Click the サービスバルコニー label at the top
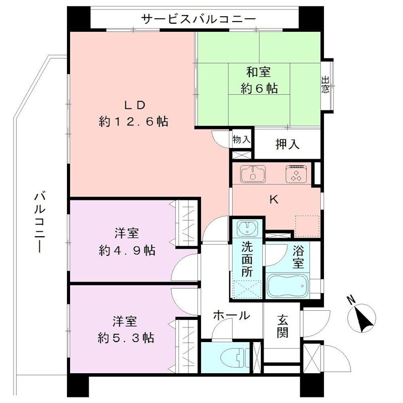[x=199, y=19]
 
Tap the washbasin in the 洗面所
[x=247, y=229]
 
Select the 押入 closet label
[x=288, y=145]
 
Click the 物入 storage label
[x=241, y=140]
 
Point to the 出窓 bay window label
[x=326, y=85]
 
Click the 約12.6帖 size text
[x=133, y=122]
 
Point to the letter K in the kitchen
[x=274, y=200]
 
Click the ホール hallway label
[x=231, y=316]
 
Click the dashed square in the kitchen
[x=307, y=226]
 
